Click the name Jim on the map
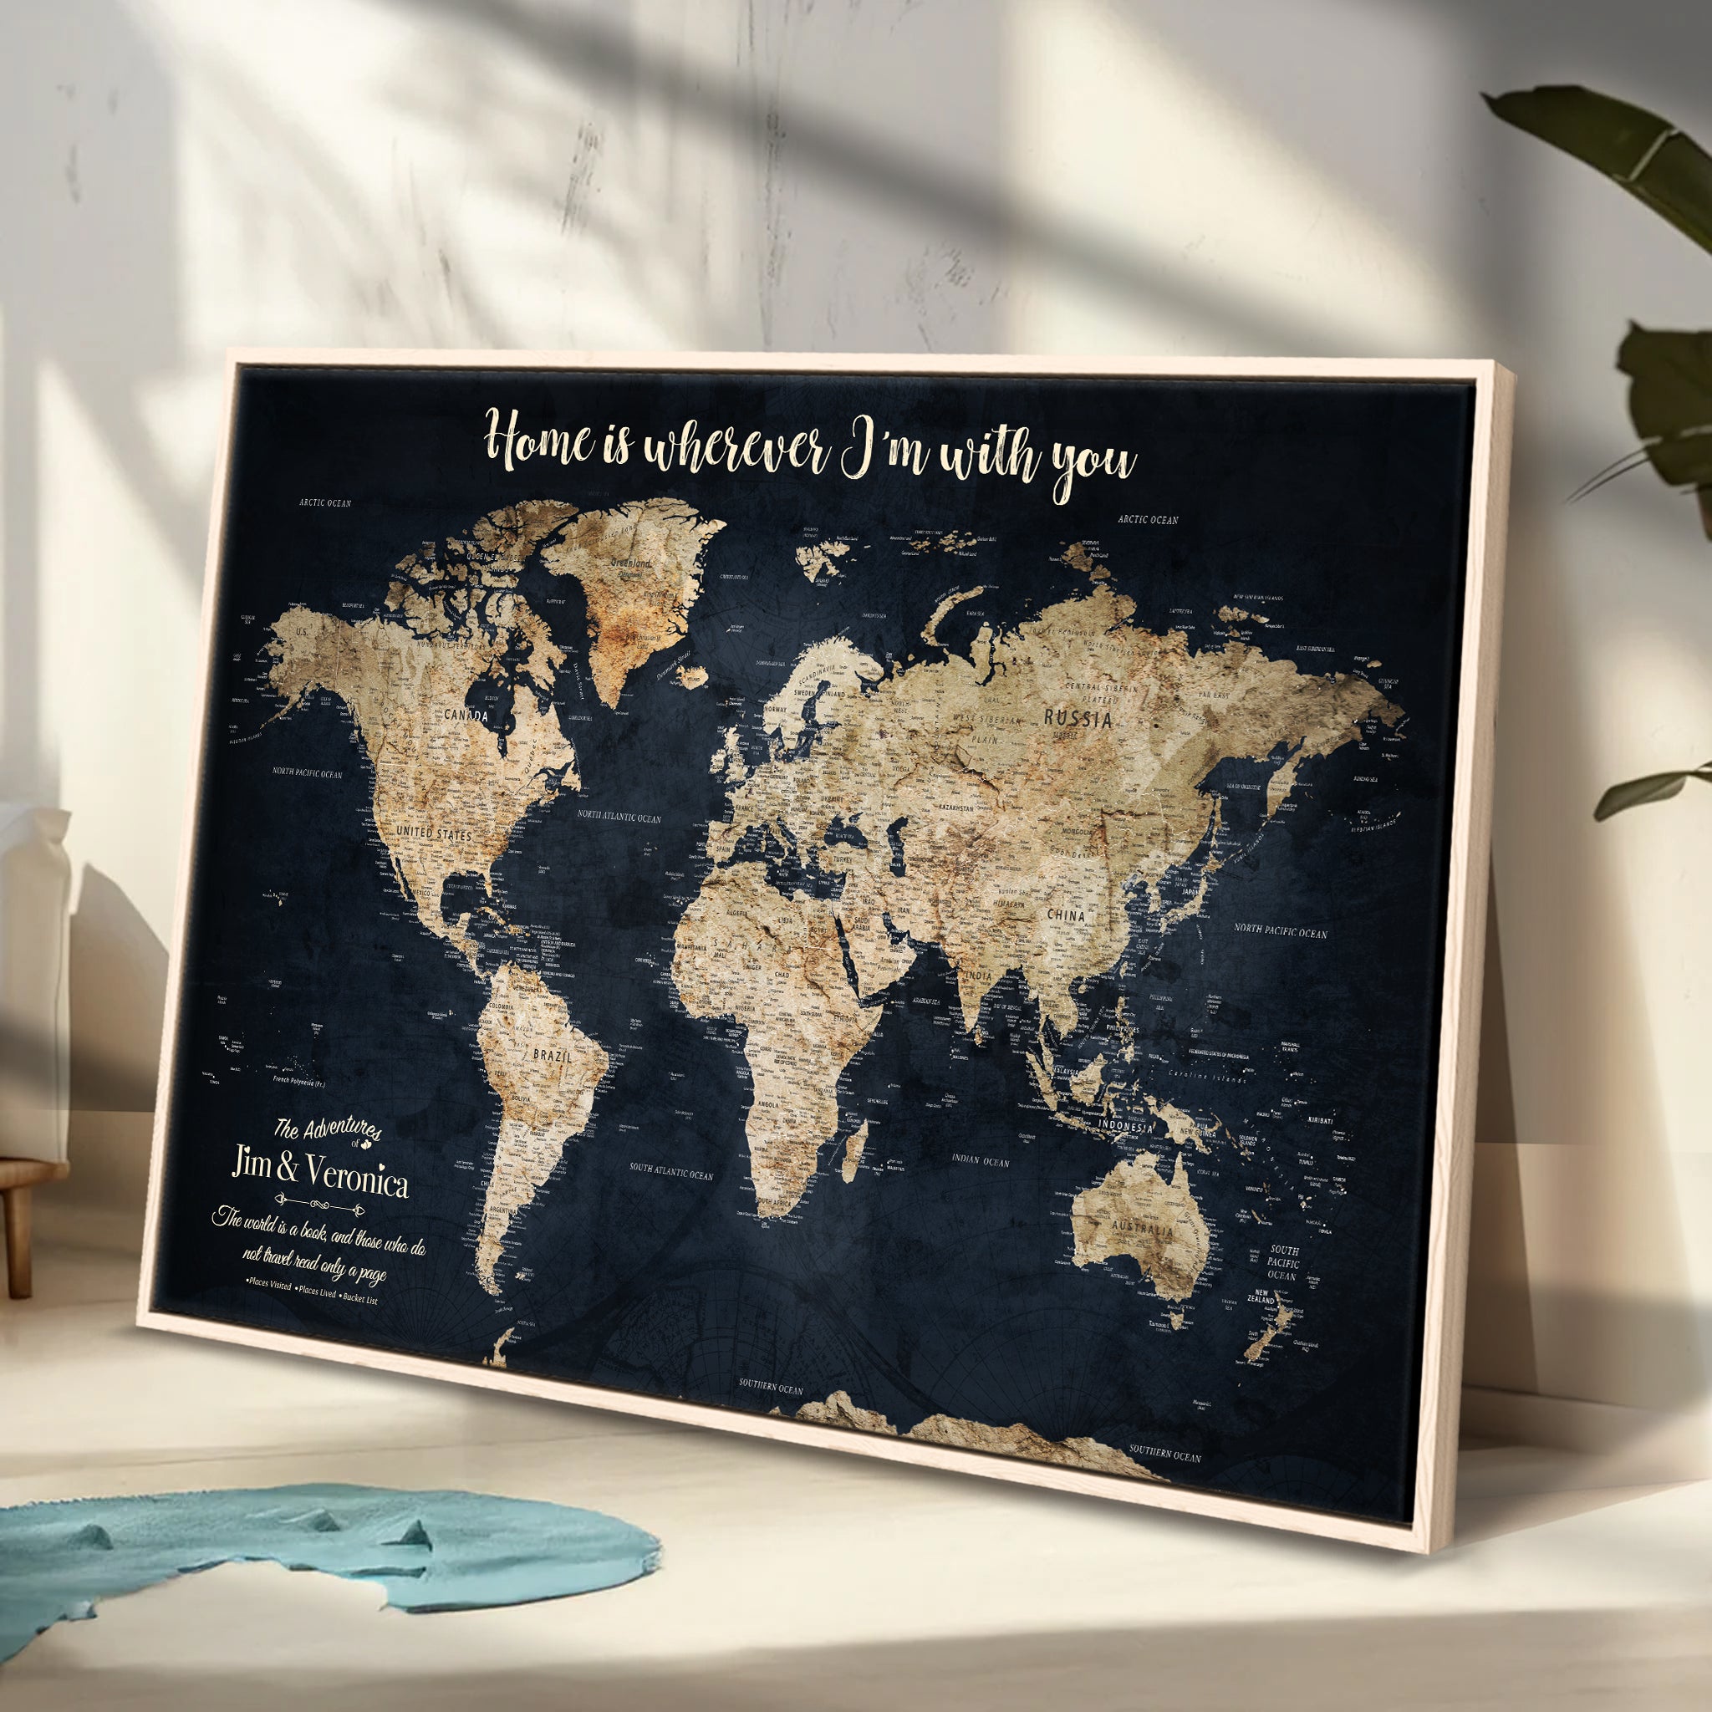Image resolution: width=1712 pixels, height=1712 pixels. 251,1163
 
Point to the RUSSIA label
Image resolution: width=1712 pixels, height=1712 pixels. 1078,719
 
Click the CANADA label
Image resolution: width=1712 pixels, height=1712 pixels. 466,715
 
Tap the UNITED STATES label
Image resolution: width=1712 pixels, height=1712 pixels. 433,833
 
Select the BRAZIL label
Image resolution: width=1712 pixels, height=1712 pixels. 552,1057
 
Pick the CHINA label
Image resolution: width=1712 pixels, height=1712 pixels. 1065,915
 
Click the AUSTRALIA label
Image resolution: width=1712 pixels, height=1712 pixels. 1141,1230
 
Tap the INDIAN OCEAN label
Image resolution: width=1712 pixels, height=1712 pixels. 980,1160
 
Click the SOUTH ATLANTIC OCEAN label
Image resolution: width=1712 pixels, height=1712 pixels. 670,1172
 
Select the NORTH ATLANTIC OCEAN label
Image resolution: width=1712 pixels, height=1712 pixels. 619,816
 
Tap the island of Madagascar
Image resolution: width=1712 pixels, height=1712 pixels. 856,1153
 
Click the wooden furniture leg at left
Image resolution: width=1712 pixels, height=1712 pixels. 18,1241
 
